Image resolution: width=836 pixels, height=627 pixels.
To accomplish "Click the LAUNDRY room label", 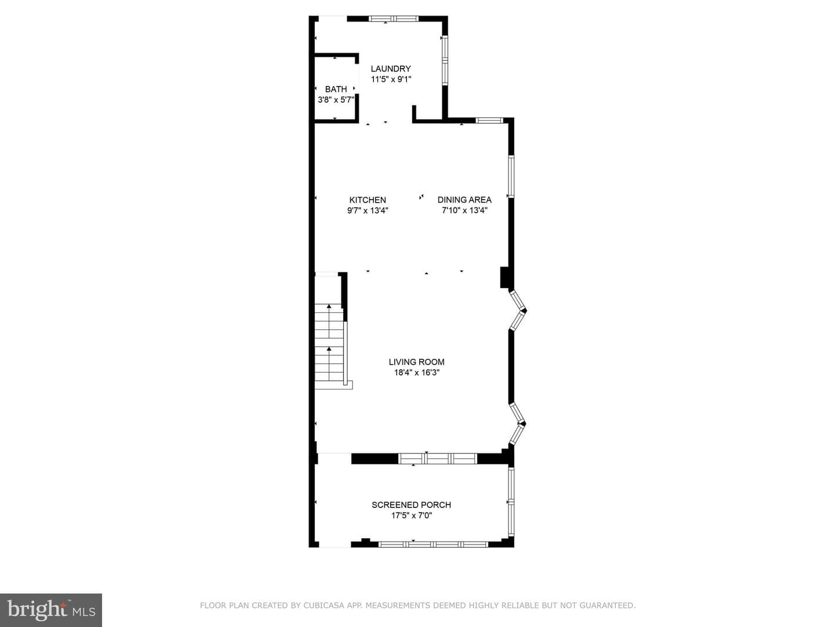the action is coord(391,69).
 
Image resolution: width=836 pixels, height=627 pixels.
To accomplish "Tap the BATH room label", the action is coord(336,89).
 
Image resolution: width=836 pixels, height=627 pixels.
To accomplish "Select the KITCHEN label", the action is coord(367,200).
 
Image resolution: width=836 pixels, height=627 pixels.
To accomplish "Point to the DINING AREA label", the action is coord(464,200).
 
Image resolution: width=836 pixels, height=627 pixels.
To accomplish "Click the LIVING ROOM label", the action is coord(417,362).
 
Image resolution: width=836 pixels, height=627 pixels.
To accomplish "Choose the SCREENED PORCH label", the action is coord(412,505).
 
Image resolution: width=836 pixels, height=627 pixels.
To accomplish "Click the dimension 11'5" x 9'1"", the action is coord(391,79).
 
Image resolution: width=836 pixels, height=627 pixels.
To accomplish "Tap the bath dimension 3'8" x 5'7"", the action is coord(336,100).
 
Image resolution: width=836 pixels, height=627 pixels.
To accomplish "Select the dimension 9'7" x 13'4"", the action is coord(367,210).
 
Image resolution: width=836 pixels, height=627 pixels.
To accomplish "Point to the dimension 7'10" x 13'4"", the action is coord(464,210).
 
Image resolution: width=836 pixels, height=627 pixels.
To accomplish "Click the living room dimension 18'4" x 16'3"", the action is coord(417,372).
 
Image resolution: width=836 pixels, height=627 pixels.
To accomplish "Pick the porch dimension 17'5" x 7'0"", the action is coord(412,516).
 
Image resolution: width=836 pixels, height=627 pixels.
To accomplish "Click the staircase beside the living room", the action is coord(330,345).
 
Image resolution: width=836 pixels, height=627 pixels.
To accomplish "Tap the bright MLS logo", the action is coord(51,610).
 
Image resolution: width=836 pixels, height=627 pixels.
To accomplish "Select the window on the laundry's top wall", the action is coord(394,18).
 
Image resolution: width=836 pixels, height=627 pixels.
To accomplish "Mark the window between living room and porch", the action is coord(438,459).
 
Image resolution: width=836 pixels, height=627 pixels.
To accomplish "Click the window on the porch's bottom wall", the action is coord(433,545).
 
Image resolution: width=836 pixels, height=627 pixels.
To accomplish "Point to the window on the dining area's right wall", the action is coord(511,176).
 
